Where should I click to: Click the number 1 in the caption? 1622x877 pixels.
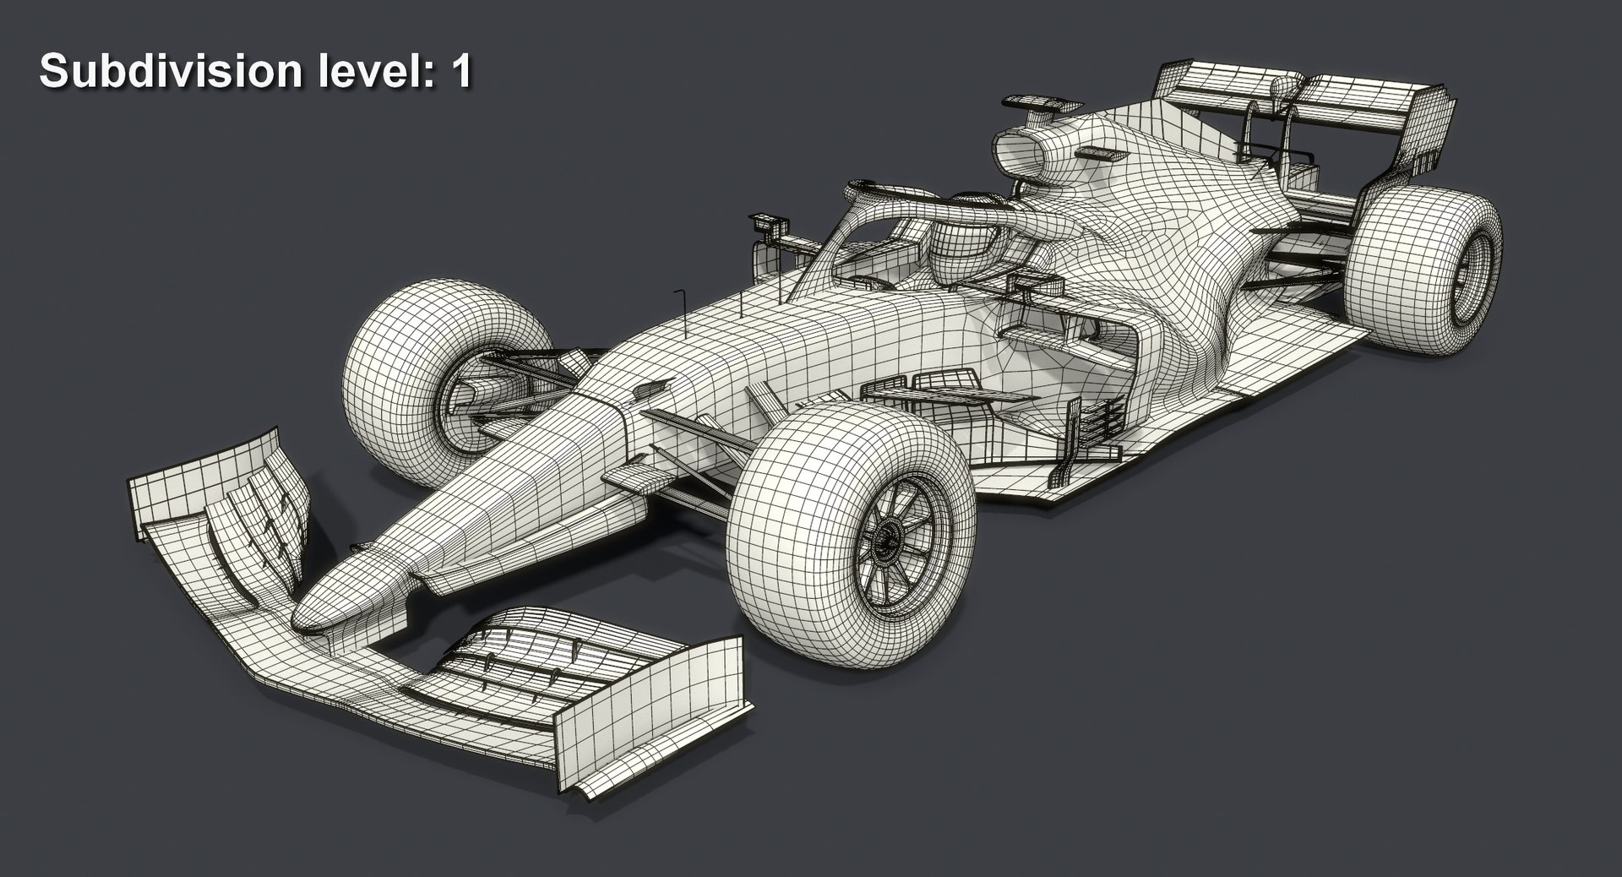[x=461, y=72]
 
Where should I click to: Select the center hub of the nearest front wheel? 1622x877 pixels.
[x=887, y=537]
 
